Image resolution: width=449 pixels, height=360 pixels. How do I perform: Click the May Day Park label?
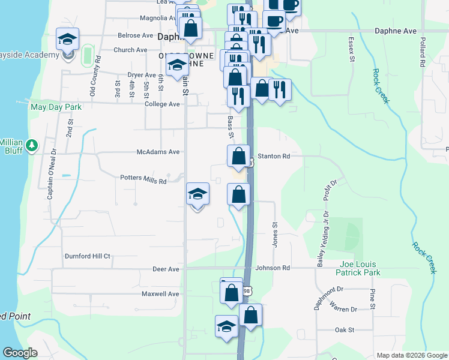[56, 107]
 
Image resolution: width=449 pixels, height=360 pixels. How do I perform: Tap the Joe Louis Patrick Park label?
[360, 268]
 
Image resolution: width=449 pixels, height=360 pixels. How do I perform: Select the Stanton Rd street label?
[273, 156]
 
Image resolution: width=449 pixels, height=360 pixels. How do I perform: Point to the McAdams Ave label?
[158, 152]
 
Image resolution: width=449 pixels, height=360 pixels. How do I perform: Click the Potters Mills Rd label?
[143, 179]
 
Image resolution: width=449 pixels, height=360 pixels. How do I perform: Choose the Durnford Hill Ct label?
[88, 256]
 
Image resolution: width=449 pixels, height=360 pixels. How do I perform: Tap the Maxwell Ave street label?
[160, 294]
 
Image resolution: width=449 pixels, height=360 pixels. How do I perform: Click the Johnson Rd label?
[273, 268]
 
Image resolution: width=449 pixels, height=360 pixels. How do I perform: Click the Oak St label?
[345, 330]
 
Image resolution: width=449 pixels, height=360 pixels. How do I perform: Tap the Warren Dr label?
[343, 309]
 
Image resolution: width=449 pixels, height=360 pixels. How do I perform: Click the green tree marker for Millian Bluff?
[32, 145]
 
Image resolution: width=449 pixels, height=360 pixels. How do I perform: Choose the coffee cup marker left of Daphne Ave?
[274, 22]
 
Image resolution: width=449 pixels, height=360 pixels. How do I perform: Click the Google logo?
[20, 353]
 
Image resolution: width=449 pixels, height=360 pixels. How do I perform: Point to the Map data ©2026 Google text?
[411, 355]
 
